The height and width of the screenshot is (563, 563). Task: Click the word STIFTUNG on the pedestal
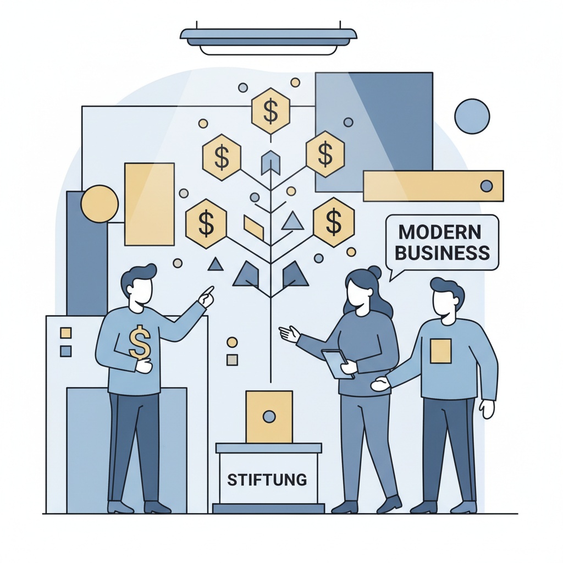coord(267,479)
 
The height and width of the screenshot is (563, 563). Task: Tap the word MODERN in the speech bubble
coord(440,232)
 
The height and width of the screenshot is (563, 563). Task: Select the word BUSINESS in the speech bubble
coord(443,253)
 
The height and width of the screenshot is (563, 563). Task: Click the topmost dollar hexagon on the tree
coord(271,111)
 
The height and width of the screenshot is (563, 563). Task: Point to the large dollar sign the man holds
coord(140,342)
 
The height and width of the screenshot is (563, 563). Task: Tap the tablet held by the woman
coord(338,363)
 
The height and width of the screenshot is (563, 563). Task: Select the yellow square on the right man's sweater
coord(440,350)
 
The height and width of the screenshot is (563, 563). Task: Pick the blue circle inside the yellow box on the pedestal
coord(269,417)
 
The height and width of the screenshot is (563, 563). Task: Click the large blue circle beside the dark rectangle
coord(472,117)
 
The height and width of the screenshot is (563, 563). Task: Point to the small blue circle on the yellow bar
coord(487,186)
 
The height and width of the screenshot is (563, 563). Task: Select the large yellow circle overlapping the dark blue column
coord(100,204)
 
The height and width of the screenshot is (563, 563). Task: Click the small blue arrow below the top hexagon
coord(271,162)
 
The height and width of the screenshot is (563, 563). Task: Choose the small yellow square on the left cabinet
coord(66,333)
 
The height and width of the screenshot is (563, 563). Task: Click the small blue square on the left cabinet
coord(66,351)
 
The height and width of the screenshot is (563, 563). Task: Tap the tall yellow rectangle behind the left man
coord(150,205)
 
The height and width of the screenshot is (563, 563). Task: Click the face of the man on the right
coord(445,305)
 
